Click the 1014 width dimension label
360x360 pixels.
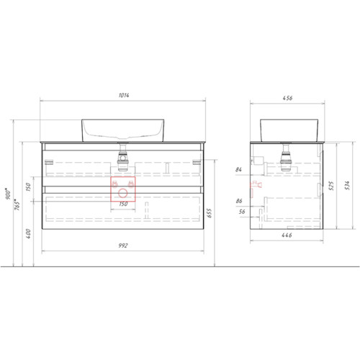[124, 95]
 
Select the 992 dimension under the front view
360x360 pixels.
[123, 246]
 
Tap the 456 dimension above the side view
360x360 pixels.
[287, 98]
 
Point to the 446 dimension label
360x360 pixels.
[287, 235]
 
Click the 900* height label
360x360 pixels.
[9, 194]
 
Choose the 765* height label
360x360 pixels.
[17, 204]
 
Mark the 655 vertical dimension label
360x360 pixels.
[210, 213]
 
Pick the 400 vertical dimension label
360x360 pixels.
[28, 234]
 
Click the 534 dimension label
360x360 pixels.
[347, 186]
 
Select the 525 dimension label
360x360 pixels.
[331, 186]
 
